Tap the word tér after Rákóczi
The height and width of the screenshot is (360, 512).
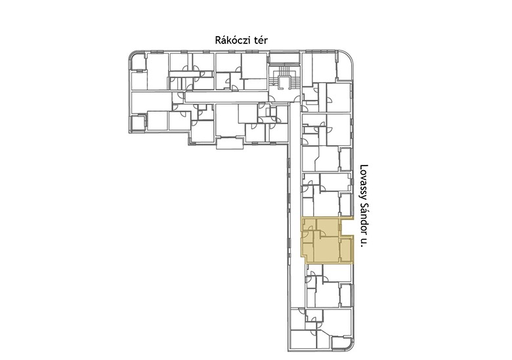coord(260,41)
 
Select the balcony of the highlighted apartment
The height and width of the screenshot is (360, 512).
coord(346,250)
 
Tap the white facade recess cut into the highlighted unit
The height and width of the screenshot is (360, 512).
coord(347,227)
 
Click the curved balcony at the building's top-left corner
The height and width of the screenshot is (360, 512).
coord(138,61)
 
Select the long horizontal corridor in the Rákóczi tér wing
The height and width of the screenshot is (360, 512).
coord(226,97)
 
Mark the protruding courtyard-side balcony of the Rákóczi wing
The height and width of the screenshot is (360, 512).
coord(230,143)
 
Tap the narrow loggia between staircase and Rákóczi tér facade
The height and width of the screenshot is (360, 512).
coord(284,58)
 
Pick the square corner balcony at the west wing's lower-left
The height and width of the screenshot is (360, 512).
coord(137,124)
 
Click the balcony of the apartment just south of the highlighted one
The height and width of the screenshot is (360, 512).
coord(346,295)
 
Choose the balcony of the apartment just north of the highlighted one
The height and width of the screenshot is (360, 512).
coord(346,204)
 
